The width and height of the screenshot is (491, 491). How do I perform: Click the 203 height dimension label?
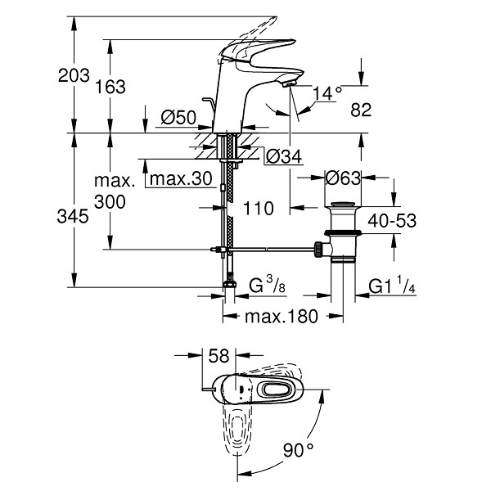tap(74, 75)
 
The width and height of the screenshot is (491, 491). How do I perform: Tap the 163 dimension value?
tap(110, 87)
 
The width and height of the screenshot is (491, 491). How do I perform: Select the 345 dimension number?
tap(73, 216)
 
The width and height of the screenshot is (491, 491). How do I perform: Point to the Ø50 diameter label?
tap(178, 118)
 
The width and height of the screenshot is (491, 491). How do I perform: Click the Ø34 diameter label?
tap(284, 156)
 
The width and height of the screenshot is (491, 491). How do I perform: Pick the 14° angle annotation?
tap(327, 93)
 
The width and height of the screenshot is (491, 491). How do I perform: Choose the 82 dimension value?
tap(361, 110)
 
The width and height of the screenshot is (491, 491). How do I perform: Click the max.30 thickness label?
tap(181, 178)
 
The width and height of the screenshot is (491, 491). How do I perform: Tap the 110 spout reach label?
tap(259, 208)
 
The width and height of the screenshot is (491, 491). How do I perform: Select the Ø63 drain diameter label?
tap(343, 178)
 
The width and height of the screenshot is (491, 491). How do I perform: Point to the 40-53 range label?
tap(392, 220)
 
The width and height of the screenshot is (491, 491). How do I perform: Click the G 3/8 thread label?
tap(267, 285)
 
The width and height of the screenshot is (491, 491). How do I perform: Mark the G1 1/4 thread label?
tap(392, 285)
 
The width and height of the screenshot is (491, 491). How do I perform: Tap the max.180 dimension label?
tap(282, 316)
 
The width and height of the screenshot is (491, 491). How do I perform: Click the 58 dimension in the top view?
tap(218, 356)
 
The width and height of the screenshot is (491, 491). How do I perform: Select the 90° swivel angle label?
tap(298, 450)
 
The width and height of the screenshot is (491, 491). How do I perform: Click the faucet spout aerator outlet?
tap(290, 83)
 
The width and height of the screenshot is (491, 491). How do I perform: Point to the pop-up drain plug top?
tap(343, 205)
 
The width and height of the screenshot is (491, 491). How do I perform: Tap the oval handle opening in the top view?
tap(277, 390)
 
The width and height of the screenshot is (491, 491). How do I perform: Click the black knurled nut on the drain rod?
tap(318, 250)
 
